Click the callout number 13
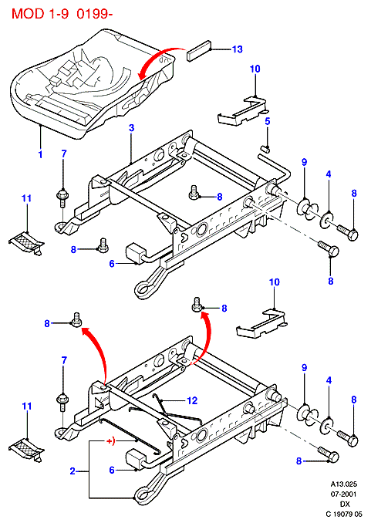coord(238,49)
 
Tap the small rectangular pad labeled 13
coord(199,51)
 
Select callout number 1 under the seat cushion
coord(40,154)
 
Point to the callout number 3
coord(131,128)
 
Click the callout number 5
coord(268,121)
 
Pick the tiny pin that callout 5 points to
coord(265,148)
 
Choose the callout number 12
coord(193,400)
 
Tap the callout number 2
coord(73,471)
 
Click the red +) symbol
coord(110,441)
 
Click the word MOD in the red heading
coord(28,14)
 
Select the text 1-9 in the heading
coord(58,14)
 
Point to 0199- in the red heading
coord(94,14)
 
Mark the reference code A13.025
coord(344,484)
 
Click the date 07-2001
coord(344,494)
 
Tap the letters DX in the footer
coord(345,504)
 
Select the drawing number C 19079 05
coord(344,514)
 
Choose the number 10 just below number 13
coord(255,69)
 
